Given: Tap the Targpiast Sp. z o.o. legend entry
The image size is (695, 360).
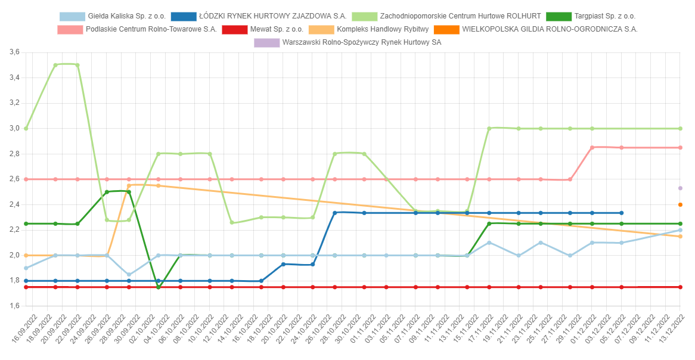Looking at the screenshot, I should [x=600, y=16].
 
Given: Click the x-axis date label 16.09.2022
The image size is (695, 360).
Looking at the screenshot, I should [x=24, y=328].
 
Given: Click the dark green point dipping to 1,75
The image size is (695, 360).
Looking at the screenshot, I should [x=158, y=287].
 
